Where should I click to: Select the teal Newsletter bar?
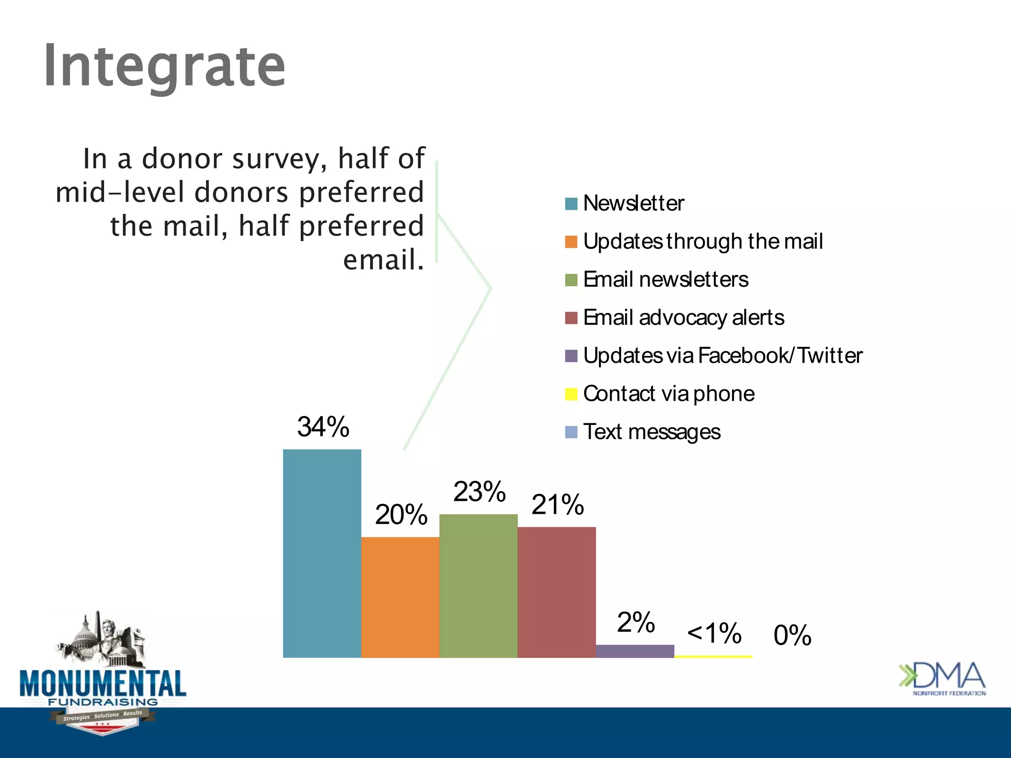pos(322,553)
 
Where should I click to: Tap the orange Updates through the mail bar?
pos(400,597)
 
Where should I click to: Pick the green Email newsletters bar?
pos(478,586)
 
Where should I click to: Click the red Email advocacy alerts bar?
pos(556,592)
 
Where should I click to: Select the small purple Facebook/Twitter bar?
pos(635,651)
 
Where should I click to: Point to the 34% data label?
pos(323,427)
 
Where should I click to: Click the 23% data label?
pos(479,492)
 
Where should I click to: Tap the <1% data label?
pos(714,633)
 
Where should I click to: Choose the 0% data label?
pos(792,635)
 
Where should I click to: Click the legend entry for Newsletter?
pos(633,203)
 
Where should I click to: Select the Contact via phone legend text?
pos(668,394)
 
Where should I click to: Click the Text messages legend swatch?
pos(571,432)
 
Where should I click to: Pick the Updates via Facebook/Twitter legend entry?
pos(722,356)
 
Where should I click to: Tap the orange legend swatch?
pos(571,242)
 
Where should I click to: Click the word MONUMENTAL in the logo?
pos(103,683)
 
